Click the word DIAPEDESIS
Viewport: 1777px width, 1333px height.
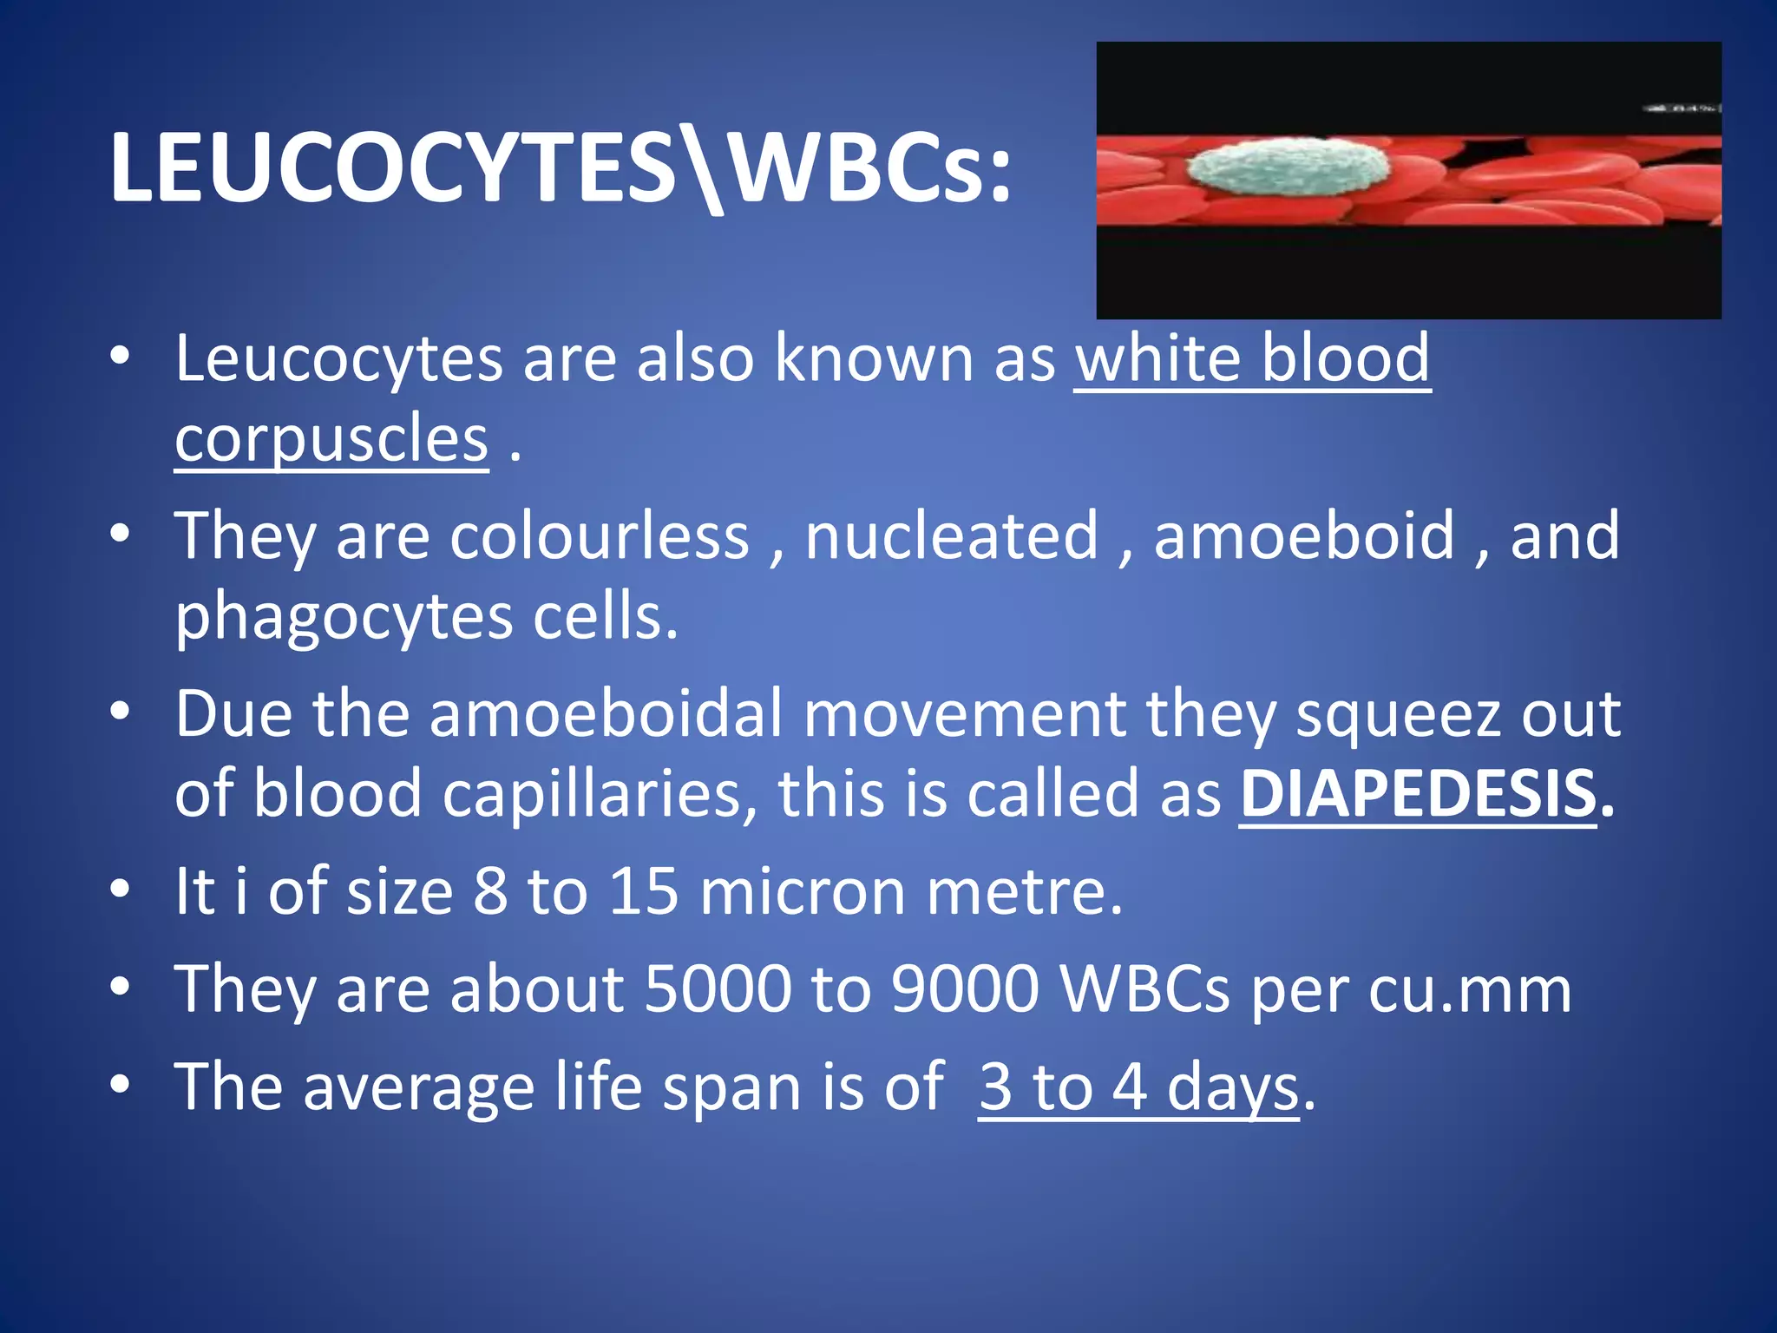coord(1418,794)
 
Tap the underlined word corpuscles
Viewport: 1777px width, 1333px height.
coord(331,440)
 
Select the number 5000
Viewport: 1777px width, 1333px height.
coord(718,989)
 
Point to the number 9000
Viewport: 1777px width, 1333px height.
coord(965,989)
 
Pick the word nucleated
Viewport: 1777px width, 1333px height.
coord(952,536)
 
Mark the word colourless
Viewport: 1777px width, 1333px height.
coord(599,536)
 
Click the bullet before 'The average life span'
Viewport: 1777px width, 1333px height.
coord(121,1085)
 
